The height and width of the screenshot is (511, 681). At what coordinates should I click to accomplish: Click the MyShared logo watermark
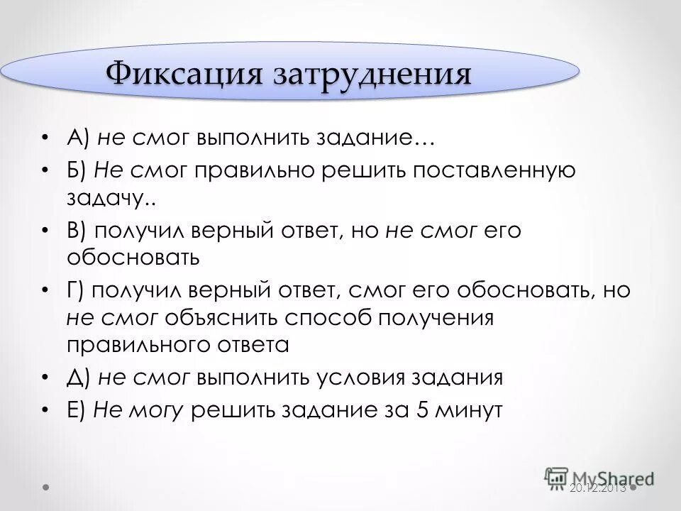pos(599,477)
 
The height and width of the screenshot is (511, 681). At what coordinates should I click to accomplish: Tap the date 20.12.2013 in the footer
pos(597,488)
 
